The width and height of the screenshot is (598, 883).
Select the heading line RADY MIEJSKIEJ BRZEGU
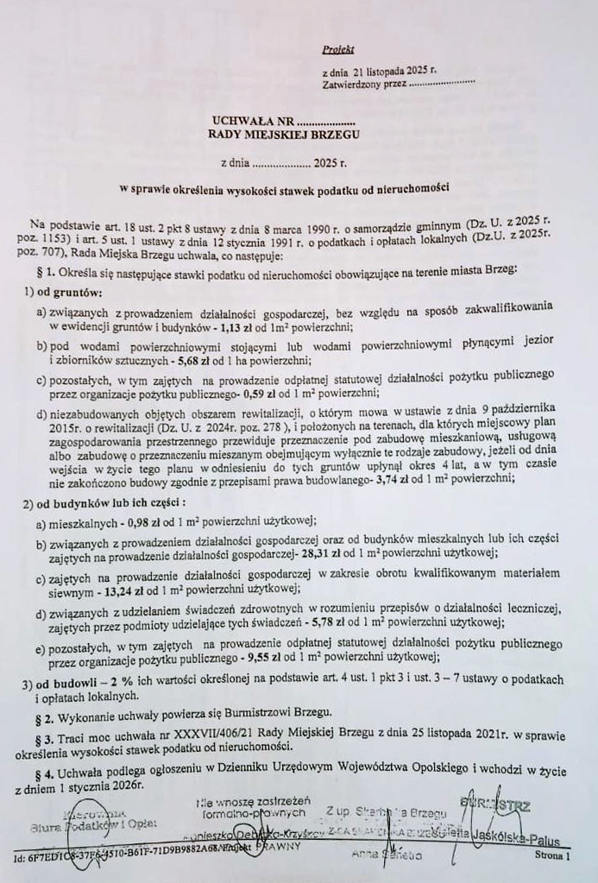tap(284, 135)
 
